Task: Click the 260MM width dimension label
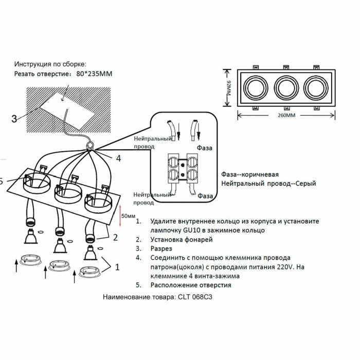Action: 286,115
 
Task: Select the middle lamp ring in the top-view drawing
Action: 286,86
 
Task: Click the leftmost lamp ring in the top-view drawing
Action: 256,86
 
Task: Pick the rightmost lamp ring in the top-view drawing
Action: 315,86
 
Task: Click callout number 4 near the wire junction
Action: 118,158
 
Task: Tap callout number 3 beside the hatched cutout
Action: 14,119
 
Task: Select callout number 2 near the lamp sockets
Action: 115,237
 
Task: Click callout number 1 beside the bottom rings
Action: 118,267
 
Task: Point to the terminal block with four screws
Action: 183,169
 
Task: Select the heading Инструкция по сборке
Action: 50,64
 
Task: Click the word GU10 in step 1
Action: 190,230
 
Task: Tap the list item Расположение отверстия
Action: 191,285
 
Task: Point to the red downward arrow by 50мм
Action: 120,211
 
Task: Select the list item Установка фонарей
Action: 181,240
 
